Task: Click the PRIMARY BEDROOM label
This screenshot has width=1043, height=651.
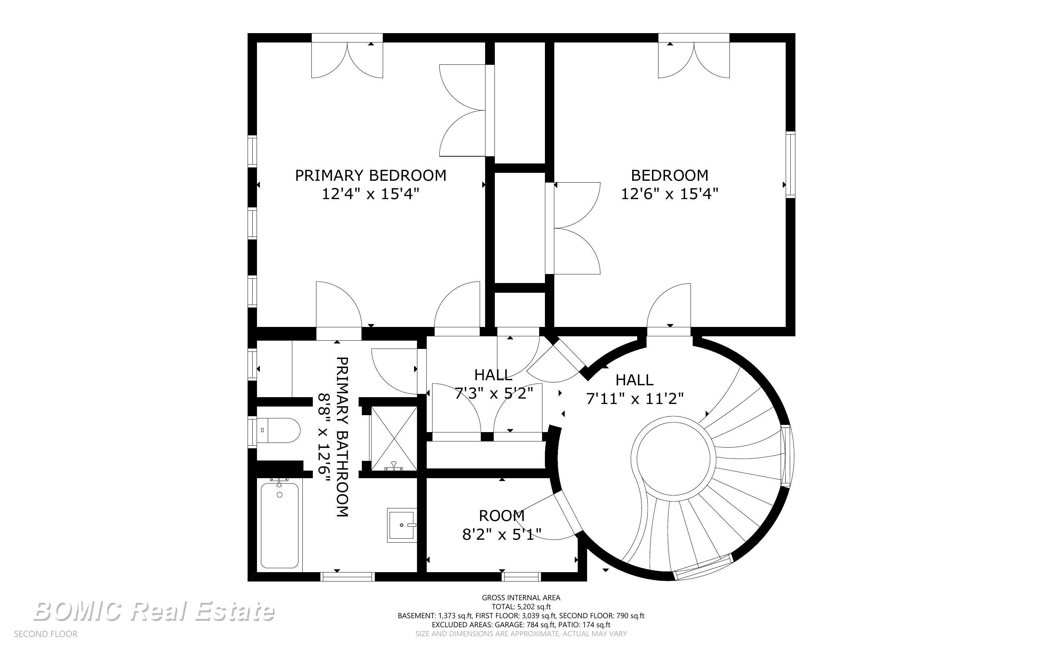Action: click(370, 175)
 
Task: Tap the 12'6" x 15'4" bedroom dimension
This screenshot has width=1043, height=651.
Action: click(670, 194)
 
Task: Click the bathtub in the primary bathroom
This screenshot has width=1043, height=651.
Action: click(280, 525)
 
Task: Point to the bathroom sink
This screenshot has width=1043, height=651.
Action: click(401, 525)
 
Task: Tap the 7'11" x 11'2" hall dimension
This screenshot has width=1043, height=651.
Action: click(635, 398)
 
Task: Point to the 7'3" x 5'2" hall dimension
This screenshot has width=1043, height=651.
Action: click(494, 393)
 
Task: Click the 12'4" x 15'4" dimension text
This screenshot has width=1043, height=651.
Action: click(370, 194)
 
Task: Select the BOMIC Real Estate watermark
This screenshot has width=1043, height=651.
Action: click(154, 611)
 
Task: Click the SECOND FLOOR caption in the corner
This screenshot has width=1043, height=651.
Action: click(46, 634)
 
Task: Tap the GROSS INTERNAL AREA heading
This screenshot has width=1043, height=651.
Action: click(521, 598)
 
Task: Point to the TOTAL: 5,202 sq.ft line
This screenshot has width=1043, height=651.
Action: click(521, 607)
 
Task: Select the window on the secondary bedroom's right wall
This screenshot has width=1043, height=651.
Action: click(790, 165)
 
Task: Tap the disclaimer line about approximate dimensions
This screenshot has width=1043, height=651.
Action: click(521, 634)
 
